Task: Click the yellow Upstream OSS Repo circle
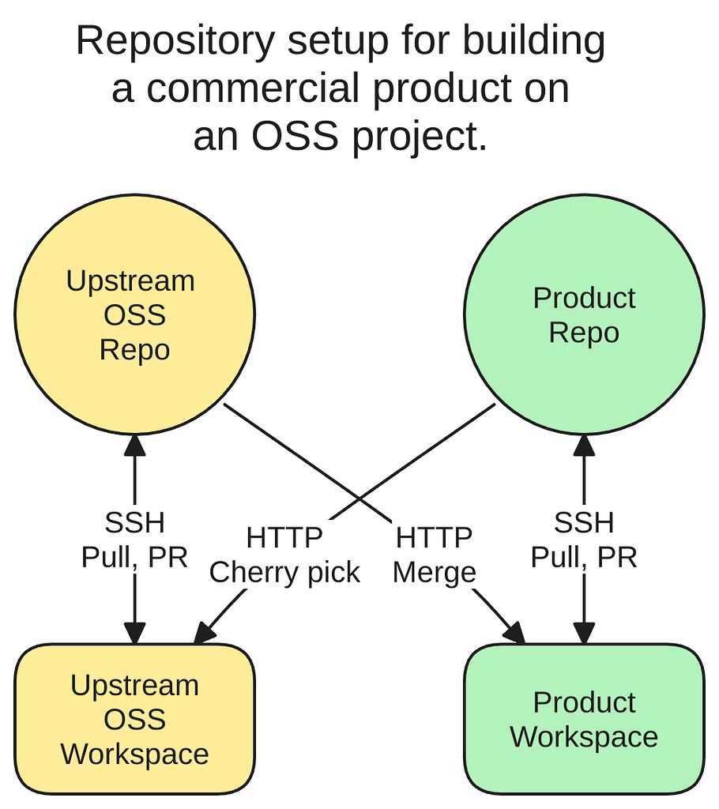tap(134, 316)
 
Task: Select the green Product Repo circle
tap(584, 316)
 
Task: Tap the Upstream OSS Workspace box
tap(134, 719)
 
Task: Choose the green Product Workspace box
tap(584, 719)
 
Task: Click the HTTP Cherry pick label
tap(284, 555)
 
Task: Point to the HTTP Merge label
tap(434, 555)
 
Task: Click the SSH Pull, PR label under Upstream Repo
tap(134, 540)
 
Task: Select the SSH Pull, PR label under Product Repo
tap(584, 540)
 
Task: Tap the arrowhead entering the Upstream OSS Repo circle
tap(134, 444)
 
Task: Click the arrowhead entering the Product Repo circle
tap(584, 444)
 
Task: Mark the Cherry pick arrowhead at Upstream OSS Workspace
tap(204, 632)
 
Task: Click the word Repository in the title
tap(175, 41)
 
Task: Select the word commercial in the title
tap(257, 88)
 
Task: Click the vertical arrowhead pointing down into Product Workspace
tap(584, 633)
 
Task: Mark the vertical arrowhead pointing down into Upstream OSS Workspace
tap(134, 633)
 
